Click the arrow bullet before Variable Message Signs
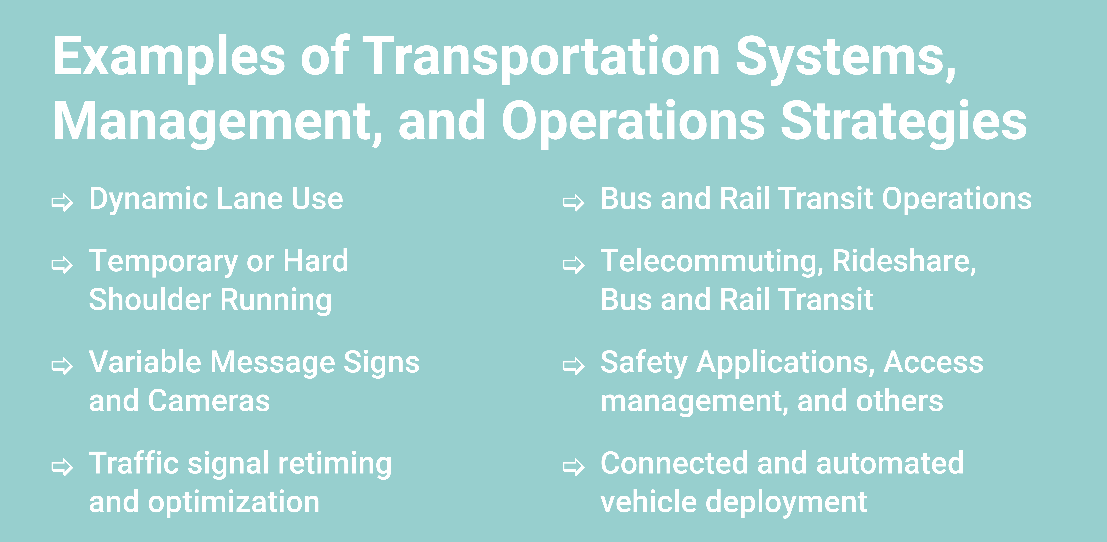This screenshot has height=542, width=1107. click(x=62, y=366)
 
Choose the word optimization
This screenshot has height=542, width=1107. click(x=234, y=502)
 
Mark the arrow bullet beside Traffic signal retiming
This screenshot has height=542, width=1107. click(x=62, y=467)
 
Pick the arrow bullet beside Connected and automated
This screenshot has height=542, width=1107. click(x=574, y=467)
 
